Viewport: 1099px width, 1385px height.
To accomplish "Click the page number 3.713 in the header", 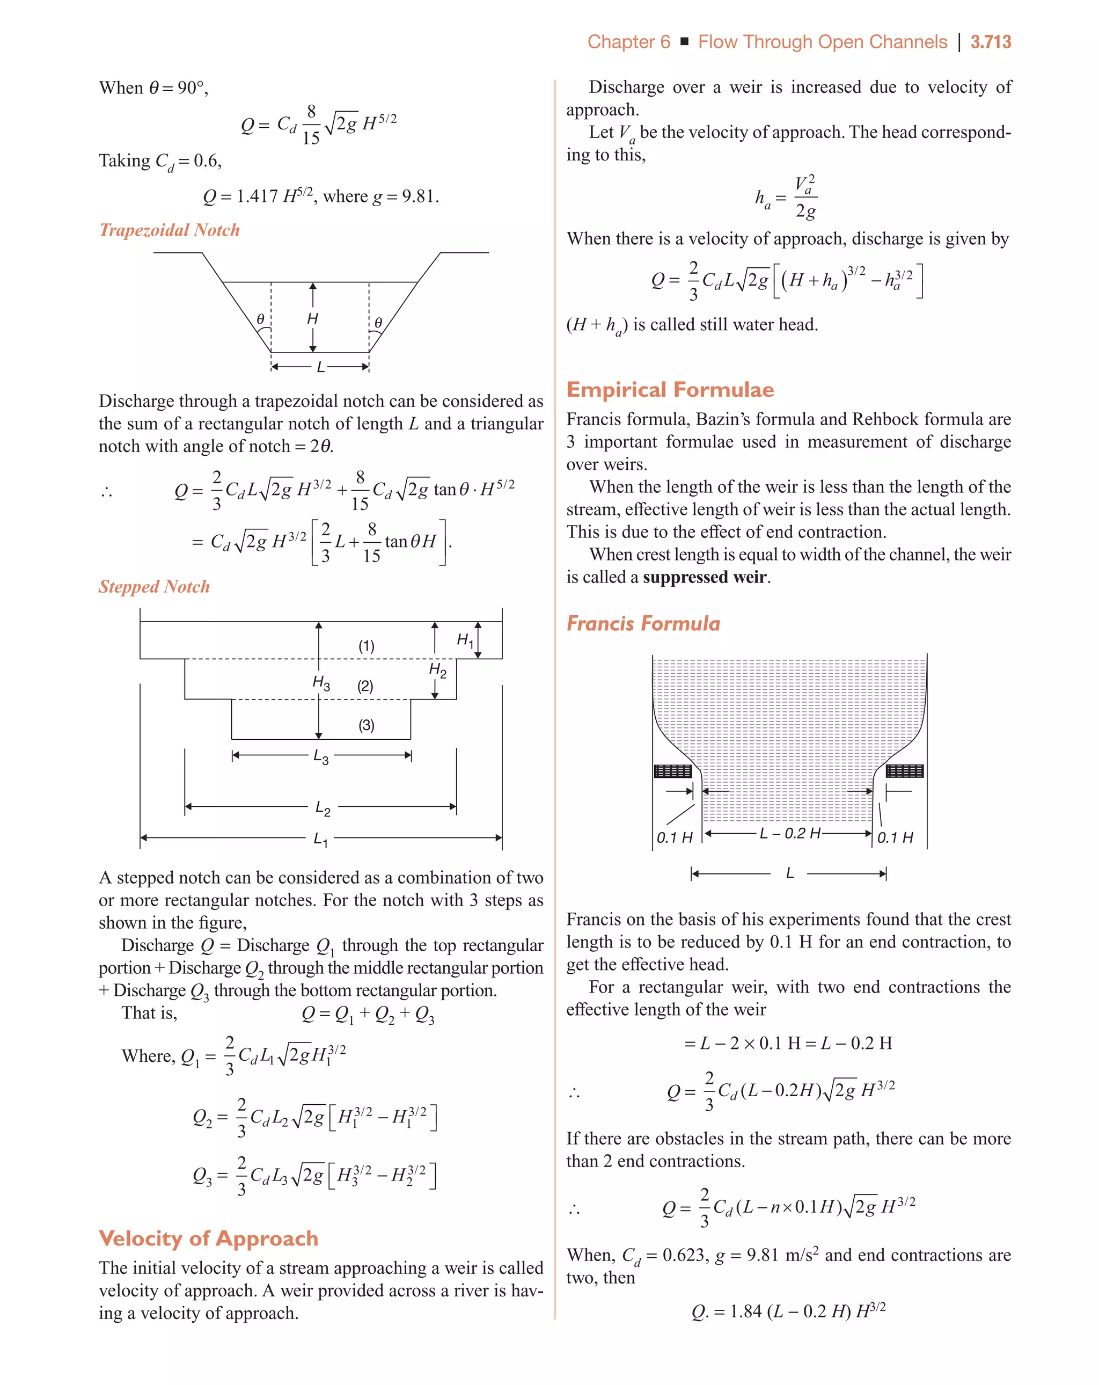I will tap(990, 42).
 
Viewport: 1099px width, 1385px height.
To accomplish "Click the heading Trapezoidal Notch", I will tap(170, 230).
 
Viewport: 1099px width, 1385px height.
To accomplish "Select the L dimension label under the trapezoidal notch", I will tap(320, 367).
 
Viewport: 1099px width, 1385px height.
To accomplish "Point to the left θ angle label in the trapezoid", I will tap(260, 319).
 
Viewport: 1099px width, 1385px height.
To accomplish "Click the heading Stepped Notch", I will tap(154, 587).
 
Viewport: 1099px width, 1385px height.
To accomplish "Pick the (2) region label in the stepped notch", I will tap(365, 686).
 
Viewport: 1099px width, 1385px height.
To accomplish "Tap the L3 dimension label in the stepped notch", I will tap(321, 757).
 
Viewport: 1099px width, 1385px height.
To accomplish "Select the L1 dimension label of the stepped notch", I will tap(320, 839).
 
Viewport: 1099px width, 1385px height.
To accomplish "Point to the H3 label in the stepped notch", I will tap(321, 682).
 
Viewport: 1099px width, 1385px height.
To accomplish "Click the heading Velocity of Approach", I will tap(208, 1238).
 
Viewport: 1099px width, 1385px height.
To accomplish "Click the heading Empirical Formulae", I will tap(670, 390).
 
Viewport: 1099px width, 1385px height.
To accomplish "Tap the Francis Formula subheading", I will tap(643, 623).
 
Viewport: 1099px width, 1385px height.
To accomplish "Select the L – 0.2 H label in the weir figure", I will tap(789, 833).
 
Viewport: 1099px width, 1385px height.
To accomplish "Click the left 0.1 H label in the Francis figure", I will tap(674, 837).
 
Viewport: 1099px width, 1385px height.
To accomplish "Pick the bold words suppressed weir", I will tap(705, 577).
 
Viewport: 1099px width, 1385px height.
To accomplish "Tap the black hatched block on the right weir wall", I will tap(904, 771).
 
